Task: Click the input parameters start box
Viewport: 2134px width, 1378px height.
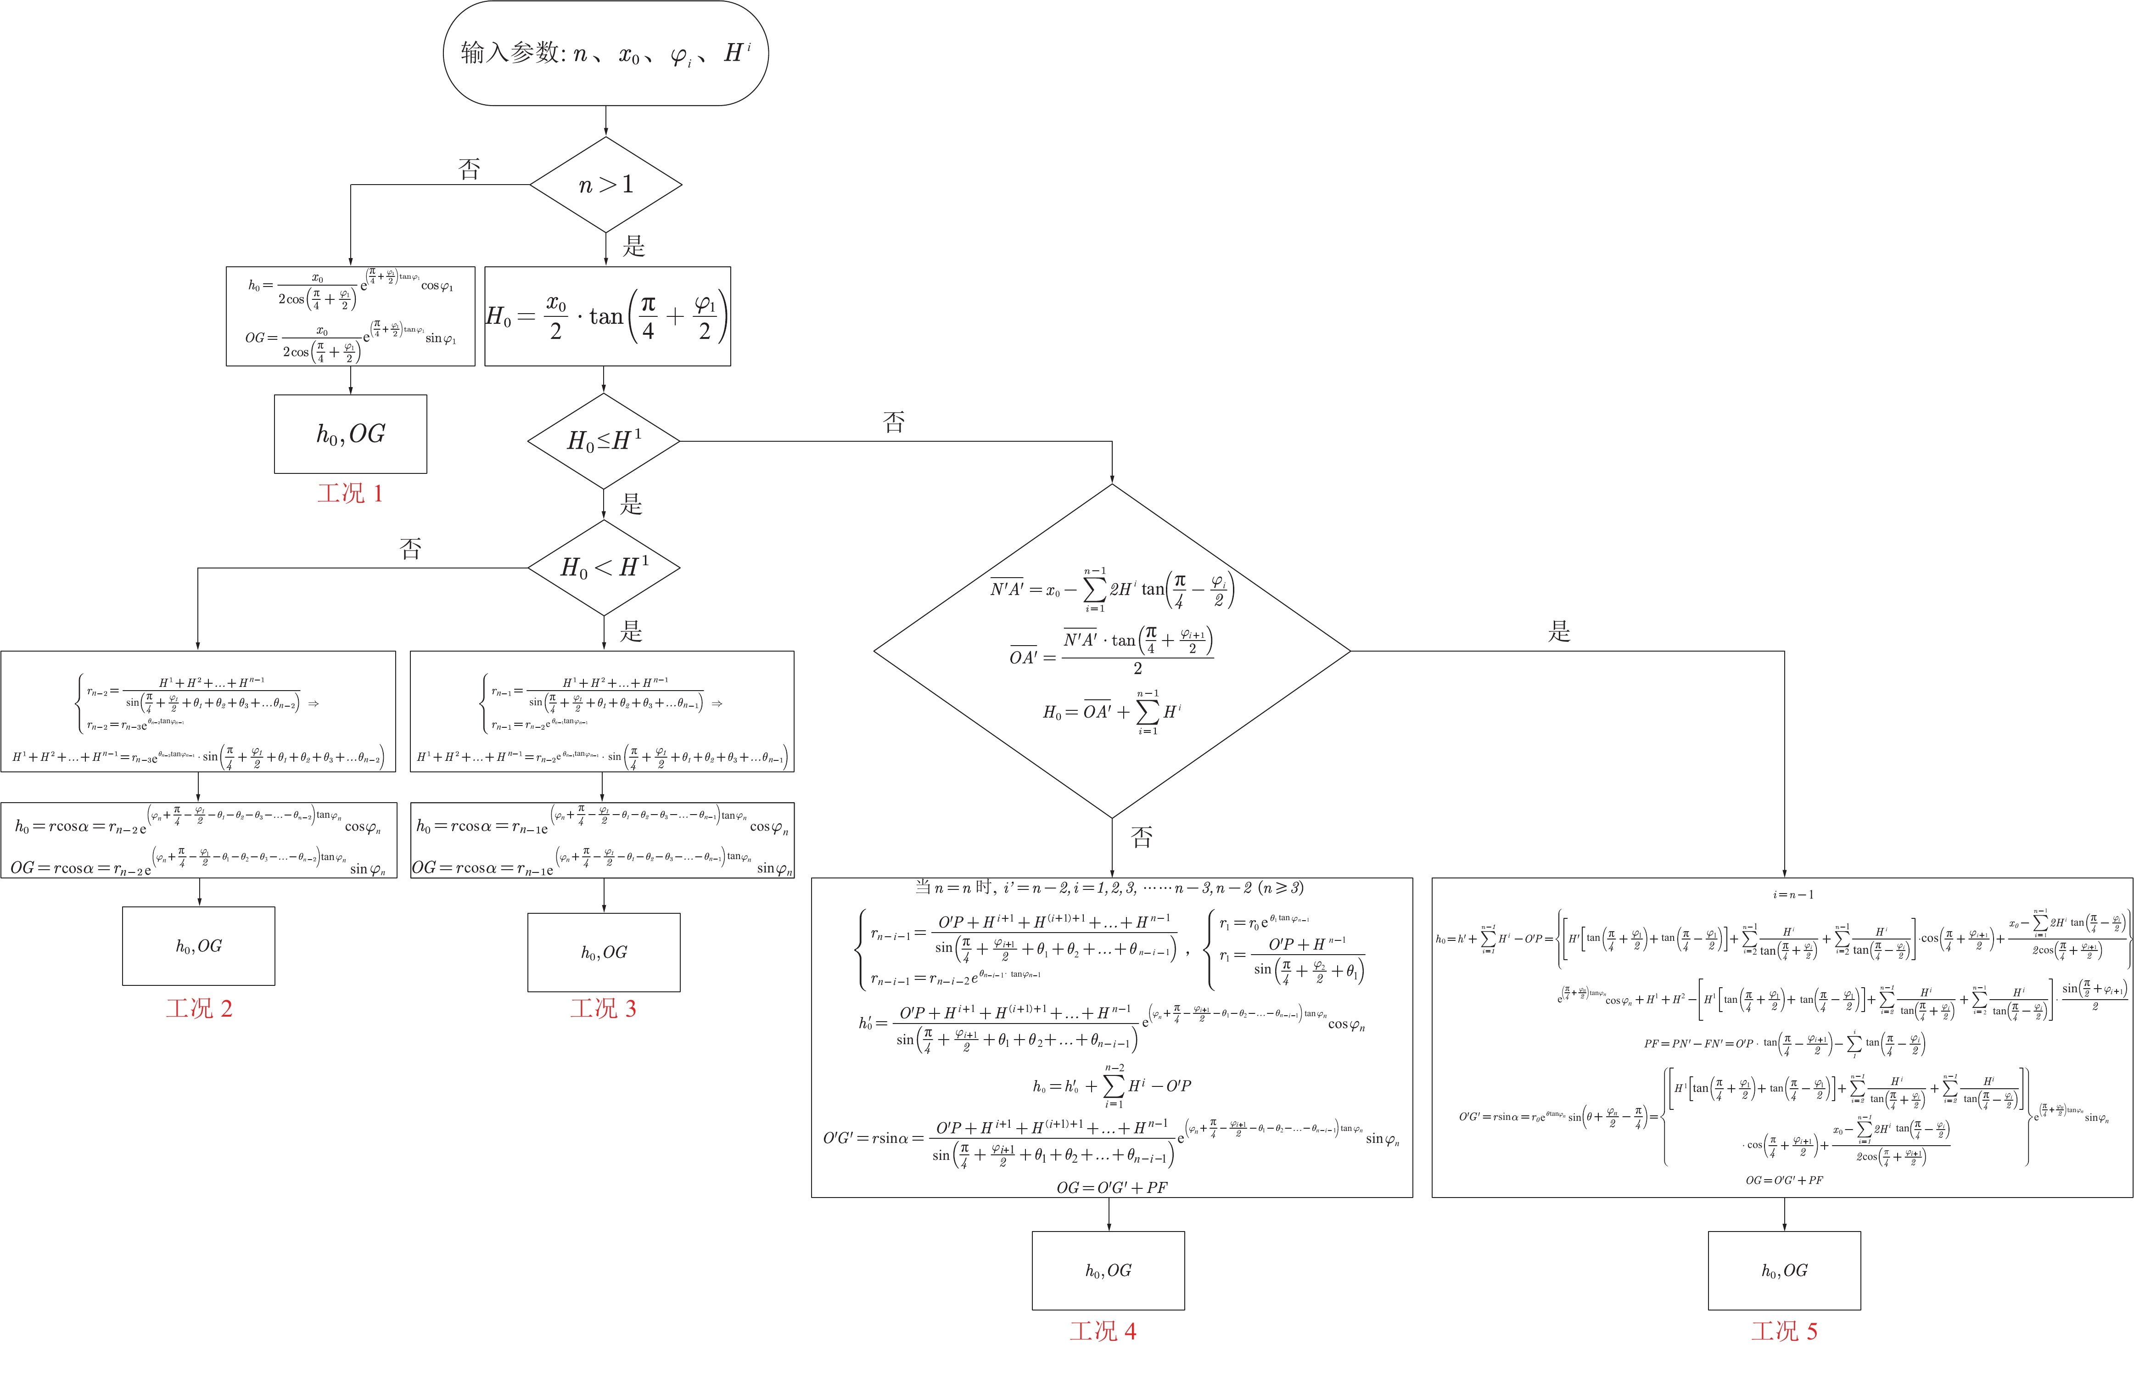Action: pyautogui.click(x=605, y=53)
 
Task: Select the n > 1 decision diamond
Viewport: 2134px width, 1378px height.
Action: pyautogui.click(x=605, y=184)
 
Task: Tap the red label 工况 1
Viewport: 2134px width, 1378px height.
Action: pyautogui.click(x=350, y=493)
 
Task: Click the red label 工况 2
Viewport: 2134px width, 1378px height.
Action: pyautogui.click(x=199, y=1008)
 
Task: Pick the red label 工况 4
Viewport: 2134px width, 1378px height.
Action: pyautogui.click(x=1103, y=1331)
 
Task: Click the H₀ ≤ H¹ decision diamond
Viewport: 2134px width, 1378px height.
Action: pyautogui.click(x=604, y=441)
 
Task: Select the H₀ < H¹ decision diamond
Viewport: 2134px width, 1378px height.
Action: pyautogui.click(x=604, y=567)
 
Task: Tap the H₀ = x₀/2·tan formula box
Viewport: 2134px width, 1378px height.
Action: pyautogui.click(x=607, y=316)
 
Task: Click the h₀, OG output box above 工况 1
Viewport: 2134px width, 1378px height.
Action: pyautogui.click(x=351, y=434)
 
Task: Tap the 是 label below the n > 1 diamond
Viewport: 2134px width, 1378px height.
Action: pyautogui.click(x=633, y=246)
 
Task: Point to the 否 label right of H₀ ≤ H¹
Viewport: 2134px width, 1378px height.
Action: pyautogui.click(x=894, y=422)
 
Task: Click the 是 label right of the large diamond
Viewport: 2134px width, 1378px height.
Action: pyautogui.click(x=1559, y=632)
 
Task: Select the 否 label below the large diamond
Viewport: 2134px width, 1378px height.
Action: pyautogui.click(x=1141, y=837)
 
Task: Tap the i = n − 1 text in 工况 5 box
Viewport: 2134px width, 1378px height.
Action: pyautogui.click(x=1786, y=894)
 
